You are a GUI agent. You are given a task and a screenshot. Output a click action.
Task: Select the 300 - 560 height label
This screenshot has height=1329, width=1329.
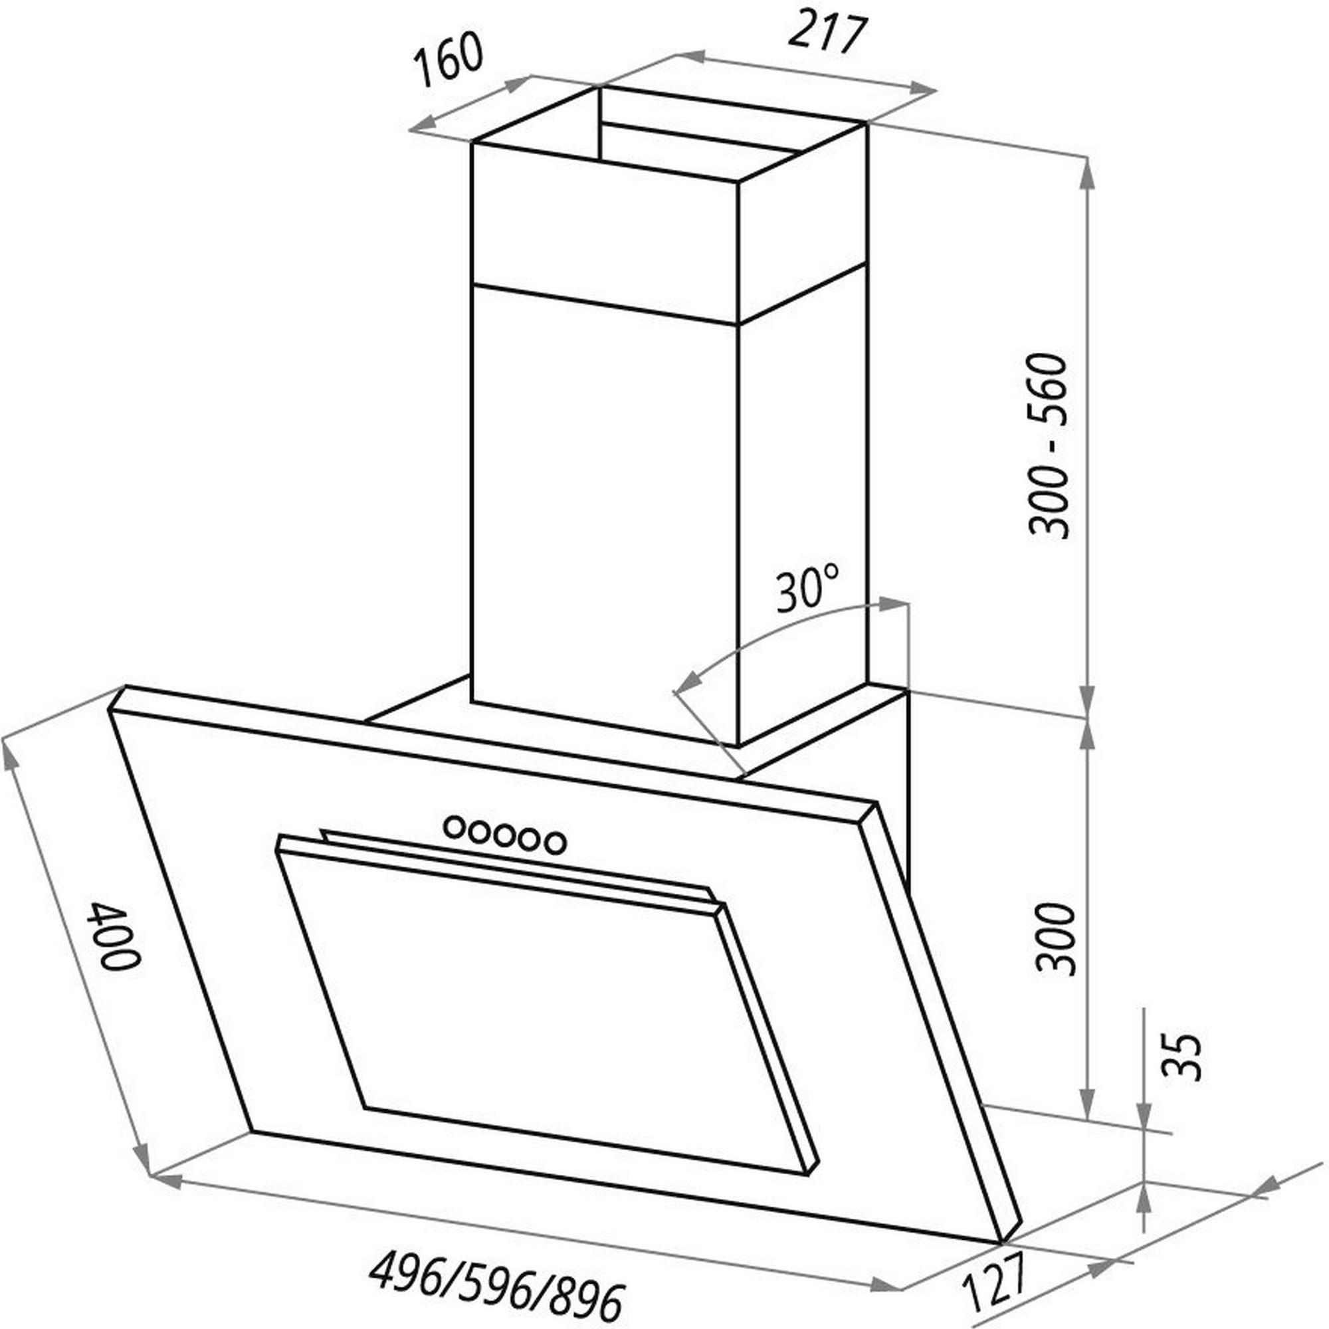(1049, 445)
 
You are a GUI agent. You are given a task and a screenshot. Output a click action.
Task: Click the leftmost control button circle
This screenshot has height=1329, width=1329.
(455, 827)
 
